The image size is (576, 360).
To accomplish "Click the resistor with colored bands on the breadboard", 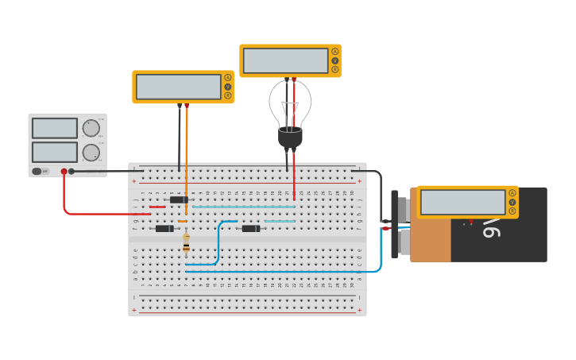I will click(186, 242).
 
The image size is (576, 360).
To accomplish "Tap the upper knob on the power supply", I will click(91, 128).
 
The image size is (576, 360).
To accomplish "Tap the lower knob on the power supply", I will click(91, 153).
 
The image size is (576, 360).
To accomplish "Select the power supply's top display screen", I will click(55, 128).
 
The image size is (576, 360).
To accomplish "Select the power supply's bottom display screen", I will click(55, 152).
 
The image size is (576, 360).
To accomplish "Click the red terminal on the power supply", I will click(64, 171).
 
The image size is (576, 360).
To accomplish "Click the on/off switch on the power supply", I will click(37, 171).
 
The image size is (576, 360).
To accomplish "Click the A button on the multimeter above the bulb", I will click(334, 52).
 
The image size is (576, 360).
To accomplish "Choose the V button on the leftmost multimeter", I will click(227, 87).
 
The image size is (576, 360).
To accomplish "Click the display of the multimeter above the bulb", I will click(286, 60).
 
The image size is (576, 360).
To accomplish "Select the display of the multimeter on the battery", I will click(462, 202).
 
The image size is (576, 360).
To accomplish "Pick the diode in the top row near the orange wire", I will click(179, 199).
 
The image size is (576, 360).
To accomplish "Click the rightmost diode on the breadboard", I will click(251, 229).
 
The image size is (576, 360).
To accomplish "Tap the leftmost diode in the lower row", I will click(164, 229).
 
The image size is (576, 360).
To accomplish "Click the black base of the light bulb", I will click(290, 137).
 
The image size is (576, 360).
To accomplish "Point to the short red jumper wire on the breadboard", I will click(157, 207).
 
